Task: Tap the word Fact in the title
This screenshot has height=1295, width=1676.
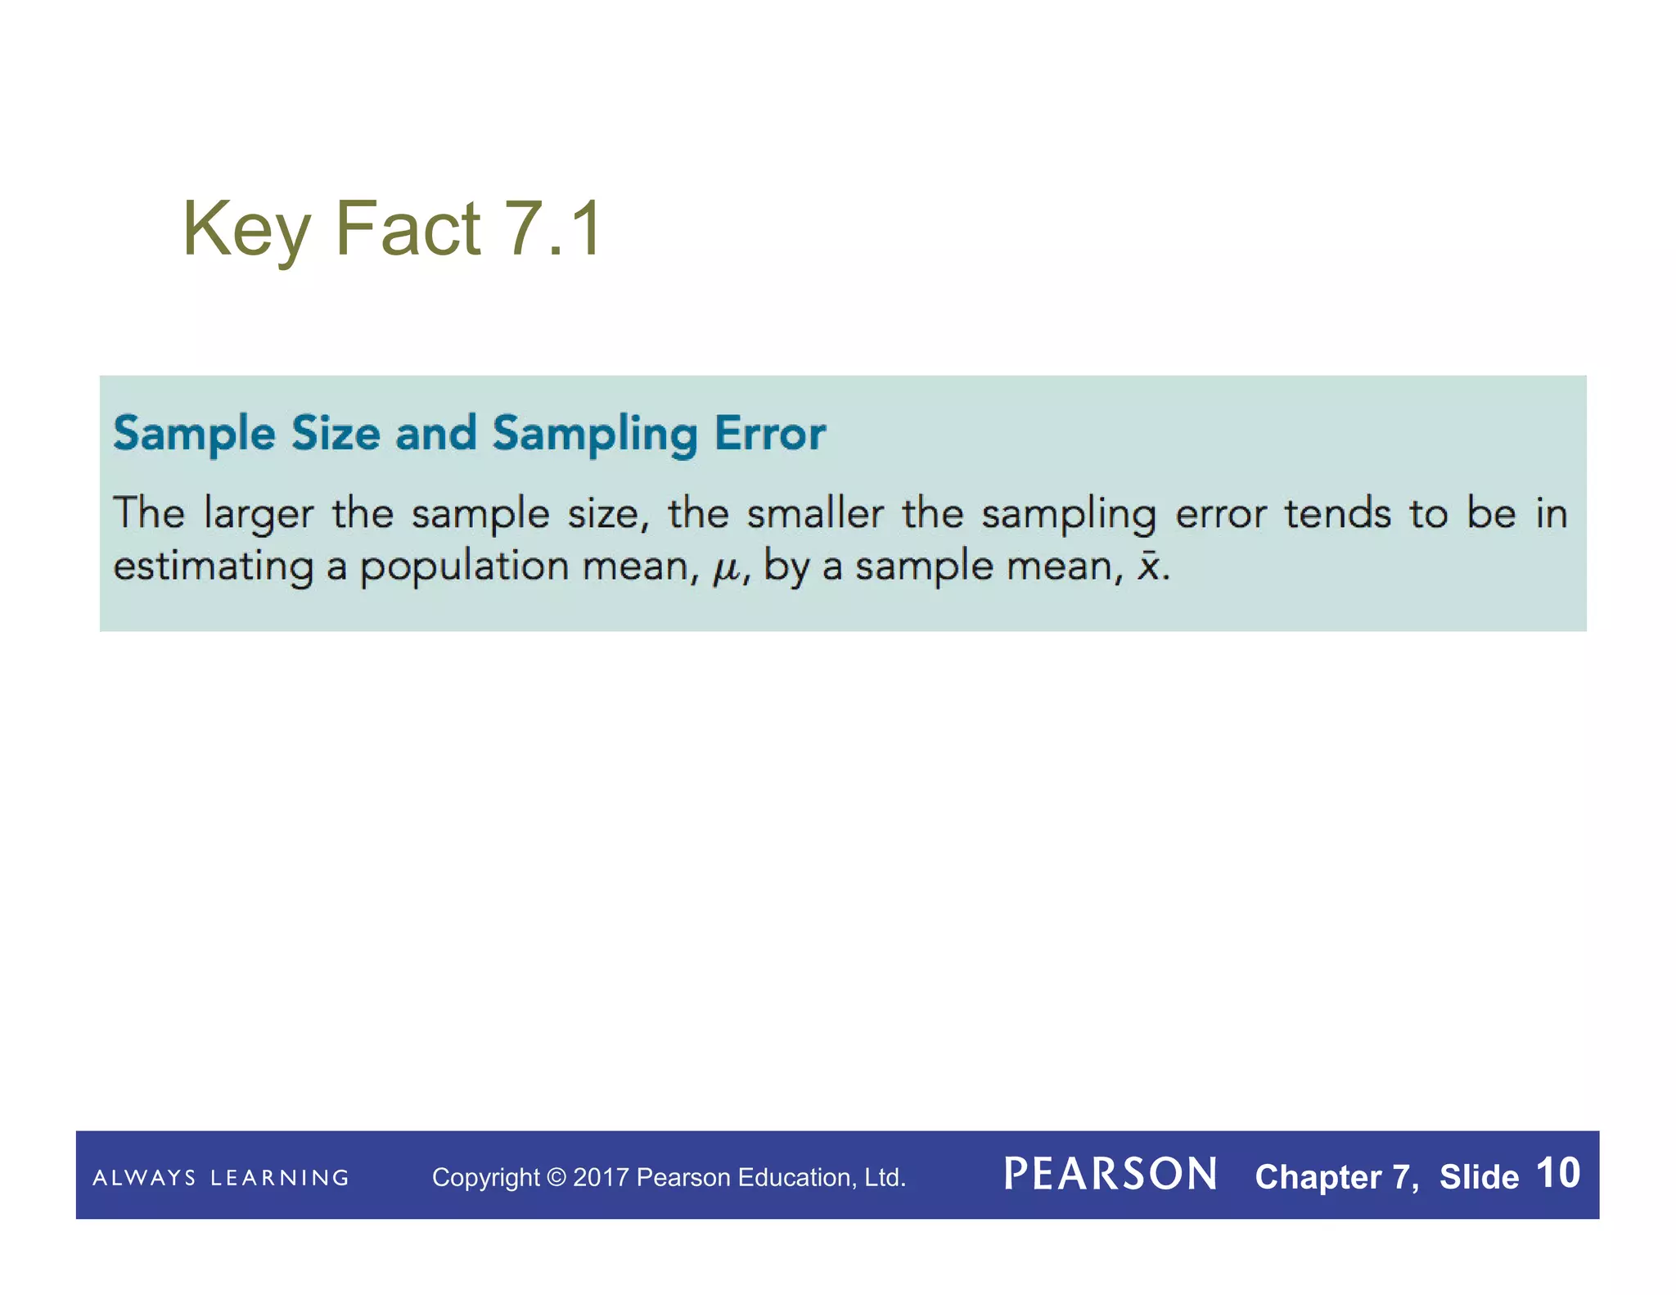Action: [x=408, y=228]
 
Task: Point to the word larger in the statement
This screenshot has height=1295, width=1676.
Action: [x=259, y=515]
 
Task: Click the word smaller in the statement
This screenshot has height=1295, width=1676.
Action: [x=815, y=514]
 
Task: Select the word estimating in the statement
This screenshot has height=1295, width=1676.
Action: [x=213, y=566]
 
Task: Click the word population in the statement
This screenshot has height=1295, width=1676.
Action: [x=464, y=566]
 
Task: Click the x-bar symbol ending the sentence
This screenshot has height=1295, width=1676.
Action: [x=1149, y=565]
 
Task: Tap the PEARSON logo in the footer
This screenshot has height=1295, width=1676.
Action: [x=1111, y=1175]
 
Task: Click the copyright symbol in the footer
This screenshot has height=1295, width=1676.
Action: [x=556, y=1177]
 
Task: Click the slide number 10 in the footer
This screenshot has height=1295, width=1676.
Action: [x=1558, y=1173]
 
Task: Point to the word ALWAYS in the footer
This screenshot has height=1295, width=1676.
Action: [x=144, y=1178]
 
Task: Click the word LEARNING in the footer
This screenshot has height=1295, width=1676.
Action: [x=280, y=1178]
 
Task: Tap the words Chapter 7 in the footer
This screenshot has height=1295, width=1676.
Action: [x=1335, y=1176]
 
